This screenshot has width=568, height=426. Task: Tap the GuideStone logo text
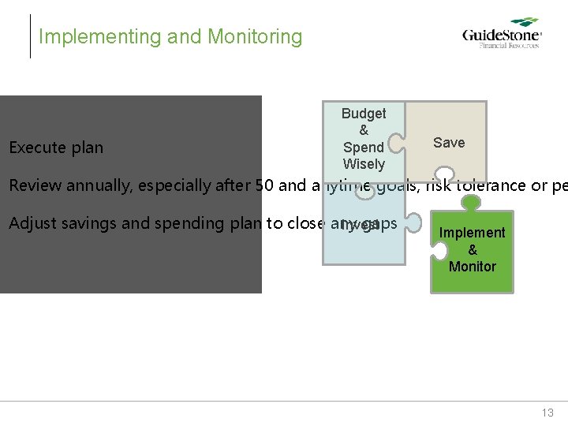(501, 36)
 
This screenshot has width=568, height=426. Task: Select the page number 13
(547, 413)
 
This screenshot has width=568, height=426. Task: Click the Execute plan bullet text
(56, 148)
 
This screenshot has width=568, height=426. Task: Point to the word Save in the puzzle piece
(449, 143)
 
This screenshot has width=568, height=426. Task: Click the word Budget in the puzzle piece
(364, 114)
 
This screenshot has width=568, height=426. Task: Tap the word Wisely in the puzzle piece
(364, 164)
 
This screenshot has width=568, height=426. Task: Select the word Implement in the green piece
(472, 233)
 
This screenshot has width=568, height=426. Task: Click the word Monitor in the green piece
(472, 267)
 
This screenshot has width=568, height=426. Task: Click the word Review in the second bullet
(34, 186)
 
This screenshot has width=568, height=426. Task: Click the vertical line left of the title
(31, 36)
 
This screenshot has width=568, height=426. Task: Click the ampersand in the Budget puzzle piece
(364, 130)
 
